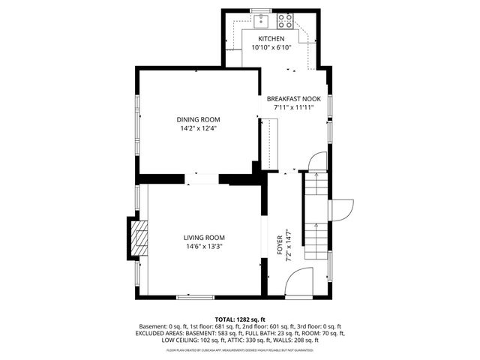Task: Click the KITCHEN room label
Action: pos(271,38)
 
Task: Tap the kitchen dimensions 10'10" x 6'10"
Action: pos(271,47)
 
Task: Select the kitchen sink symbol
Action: pos(259,19)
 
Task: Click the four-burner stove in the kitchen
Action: pos(285,20)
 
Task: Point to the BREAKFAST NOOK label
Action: pos(293,98)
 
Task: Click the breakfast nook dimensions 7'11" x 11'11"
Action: pos(293,107)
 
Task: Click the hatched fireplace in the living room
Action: pos(138,239)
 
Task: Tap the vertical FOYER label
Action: pos(280,244)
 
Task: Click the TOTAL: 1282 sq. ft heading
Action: pos(240,319)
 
